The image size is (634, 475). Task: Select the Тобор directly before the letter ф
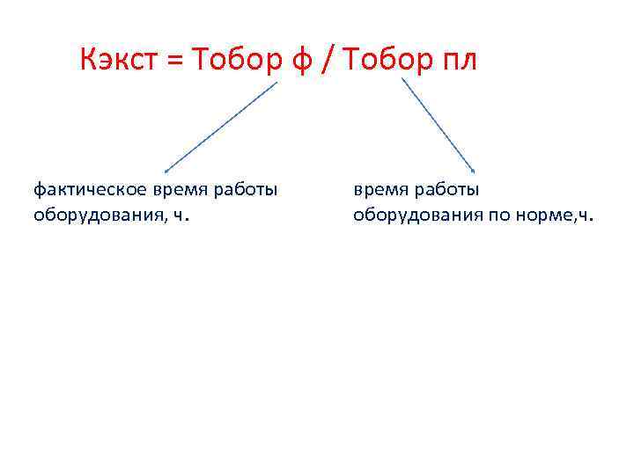coord(232,61)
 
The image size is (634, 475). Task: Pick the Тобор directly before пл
coord(385,61)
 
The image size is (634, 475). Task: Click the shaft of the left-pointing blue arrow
coord(222,126)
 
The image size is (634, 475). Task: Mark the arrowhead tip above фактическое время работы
coord(166,171)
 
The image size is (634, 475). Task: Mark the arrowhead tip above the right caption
coord(475,171)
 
